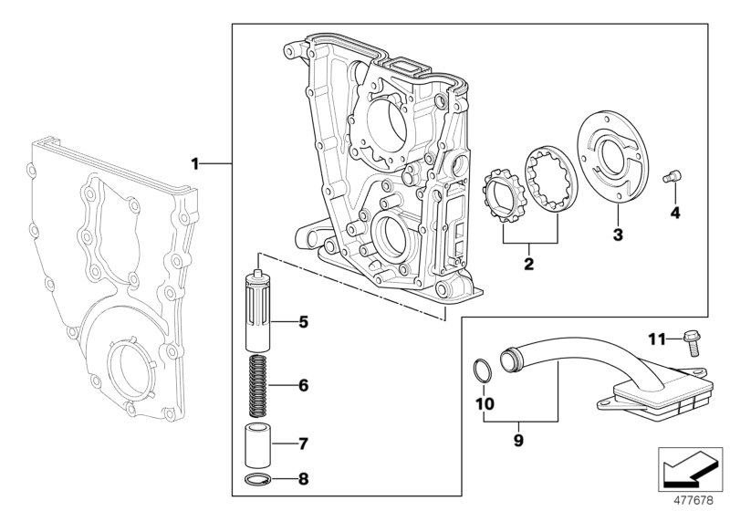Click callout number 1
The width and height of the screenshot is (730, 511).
point(194,163)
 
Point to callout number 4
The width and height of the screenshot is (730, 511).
point(674,214)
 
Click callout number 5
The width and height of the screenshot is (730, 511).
point(303,321)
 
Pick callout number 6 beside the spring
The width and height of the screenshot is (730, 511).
point(303,385)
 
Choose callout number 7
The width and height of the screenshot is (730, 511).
point(303,444)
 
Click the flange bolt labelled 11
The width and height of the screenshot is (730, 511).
point(691,345)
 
